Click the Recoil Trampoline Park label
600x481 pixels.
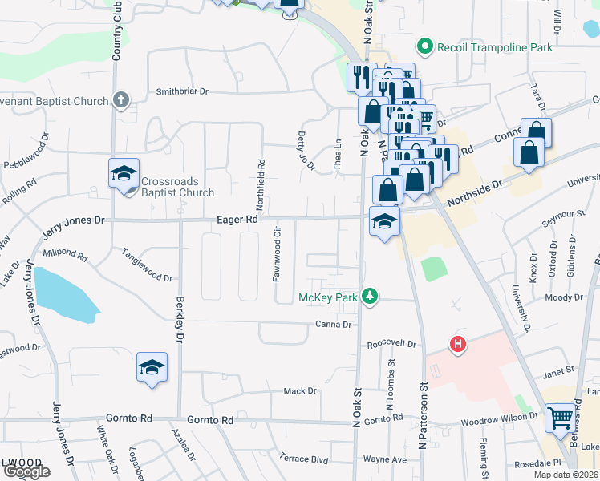tap(495, 47)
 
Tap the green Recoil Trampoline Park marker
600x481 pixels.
tap(426, 47)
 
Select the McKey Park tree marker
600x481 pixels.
tap(369, 297)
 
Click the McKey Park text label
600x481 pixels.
tap(327, 297)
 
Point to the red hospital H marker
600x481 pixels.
tap(457, 345)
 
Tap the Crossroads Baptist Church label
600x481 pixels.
tap(178, 187)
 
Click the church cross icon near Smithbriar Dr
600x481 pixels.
tap(120, 100)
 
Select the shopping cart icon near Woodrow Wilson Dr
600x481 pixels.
tap(559, 417)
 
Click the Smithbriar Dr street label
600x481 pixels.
tap(182, 91)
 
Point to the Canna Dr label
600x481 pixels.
tap(335, 325)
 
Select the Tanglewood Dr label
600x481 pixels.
tap(147, 265)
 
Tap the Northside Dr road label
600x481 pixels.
tap(473, 184)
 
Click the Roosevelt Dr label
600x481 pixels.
tap(392, 345)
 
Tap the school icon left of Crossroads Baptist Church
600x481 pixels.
tap(124, 174)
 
